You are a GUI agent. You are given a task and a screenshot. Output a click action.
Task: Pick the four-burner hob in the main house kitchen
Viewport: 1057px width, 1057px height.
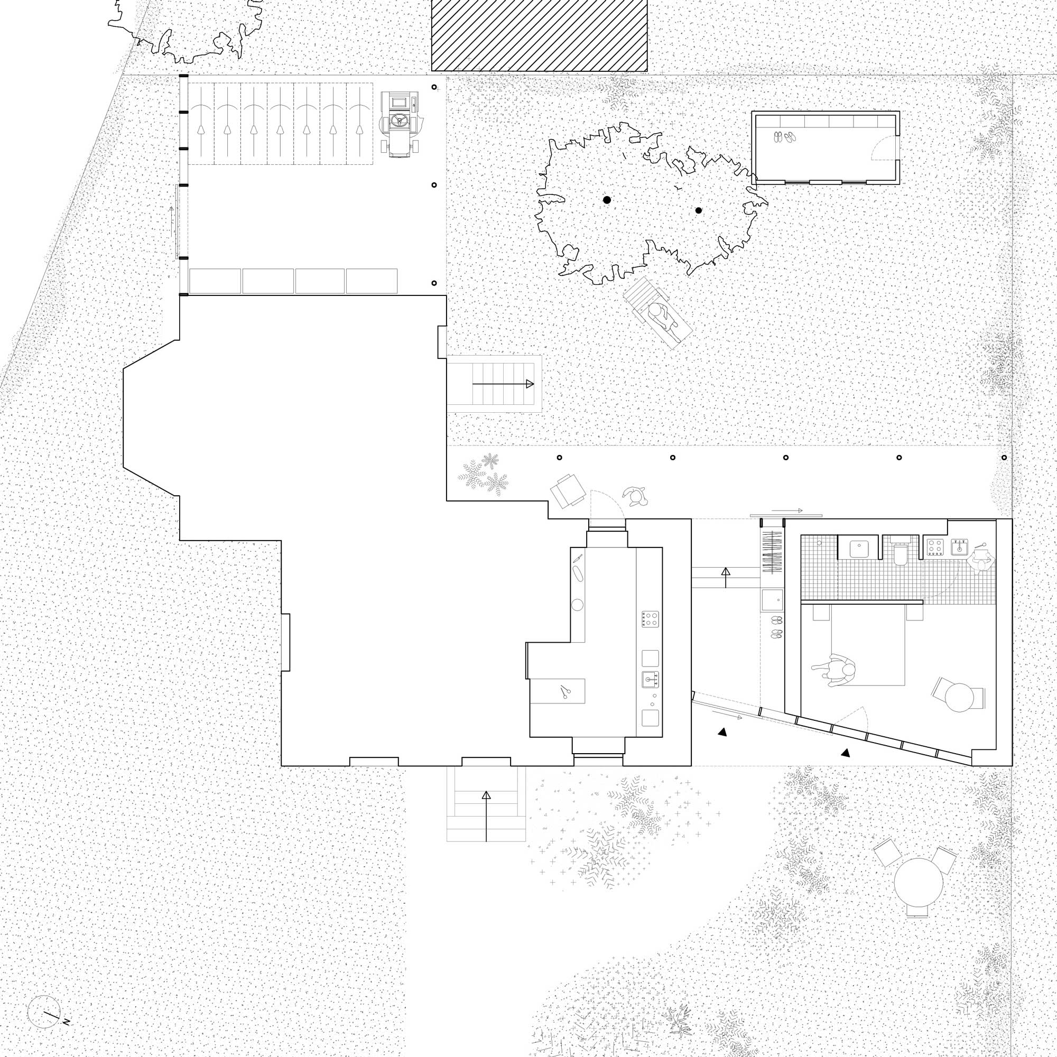click(x=650, y=619)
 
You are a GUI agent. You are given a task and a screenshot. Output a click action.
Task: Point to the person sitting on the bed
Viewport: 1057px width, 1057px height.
click(x=833, y=671)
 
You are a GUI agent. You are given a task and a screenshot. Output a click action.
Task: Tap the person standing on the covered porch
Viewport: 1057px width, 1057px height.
click(x=635, y=495)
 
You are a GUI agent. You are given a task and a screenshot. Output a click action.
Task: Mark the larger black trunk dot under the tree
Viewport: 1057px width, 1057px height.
click(x=607, y=200)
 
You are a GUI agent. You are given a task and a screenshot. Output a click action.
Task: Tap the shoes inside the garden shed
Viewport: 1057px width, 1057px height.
click(x=784, y=137)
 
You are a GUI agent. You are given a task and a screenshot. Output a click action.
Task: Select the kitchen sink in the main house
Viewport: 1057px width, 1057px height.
click(x=651, y=679)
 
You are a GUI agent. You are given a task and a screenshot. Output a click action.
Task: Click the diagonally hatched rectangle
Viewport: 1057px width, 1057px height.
click(x=540, y=35)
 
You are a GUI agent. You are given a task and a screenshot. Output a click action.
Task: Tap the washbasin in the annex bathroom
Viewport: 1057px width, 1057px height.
click(x=857, y=548)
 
